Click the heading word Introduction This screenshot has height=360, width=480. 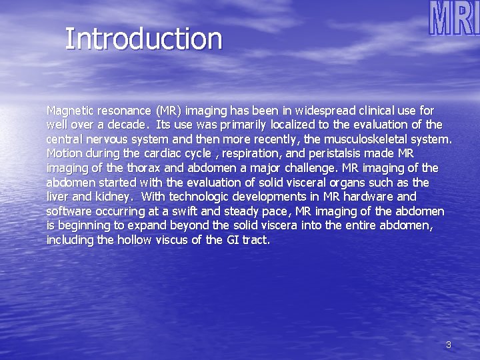tap(143, 39)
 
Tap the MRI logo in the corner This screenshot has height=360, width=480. tap(453, 19)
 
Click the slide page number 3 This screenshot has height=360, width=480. tap(448, 345)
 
